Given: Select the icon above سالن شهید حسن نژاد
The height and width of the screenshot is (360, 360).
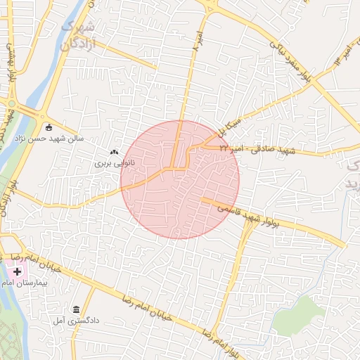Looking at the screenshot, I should coord(49,127).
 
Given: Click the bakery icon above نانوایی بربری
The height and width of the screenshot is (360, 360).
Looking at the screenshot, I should coord(115,151).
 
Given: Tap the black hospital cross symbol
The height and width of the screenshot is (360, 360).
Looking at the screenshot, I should coord(17,271).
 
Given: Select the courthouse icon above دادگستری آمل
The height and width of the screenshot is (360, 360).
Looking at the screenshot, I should coord(76,309).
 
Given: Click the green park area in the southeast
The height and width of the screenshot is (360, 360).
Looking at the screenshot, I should coord(299,316).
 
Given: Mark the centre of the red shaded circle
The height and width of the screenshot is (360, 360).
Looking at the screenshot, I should coord(180,179).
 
